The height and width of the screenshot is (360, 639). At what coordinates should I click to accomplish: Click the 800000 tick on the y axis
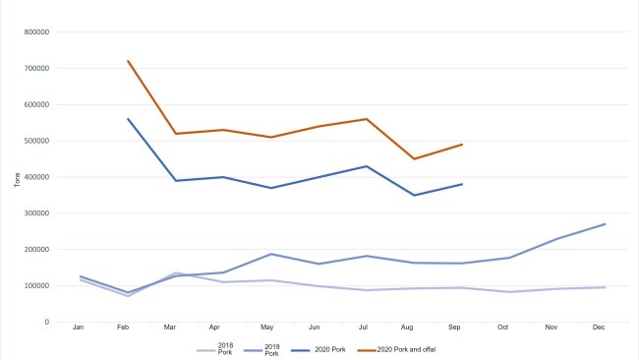(x=35, y=32)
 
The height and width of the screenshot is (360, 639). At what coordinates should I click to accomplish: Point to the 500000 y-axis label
(x=35, y=141)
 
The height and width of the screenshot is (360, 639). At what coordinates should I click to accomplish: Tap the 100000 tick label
(x=35, y=285)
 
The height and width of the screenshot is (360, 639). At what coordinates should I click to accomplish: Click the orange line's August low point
(x=414, y=158)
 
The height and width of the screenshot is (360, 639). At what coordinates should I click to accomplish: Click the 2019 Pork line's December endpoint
(x=604, y=224)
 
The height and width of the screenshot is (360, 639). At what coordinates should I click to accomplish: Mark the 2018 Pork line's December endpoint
(x=604, y=287)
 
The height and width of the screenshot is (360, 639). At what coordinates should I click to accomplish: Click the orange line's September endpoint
(x=461, y=145)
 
